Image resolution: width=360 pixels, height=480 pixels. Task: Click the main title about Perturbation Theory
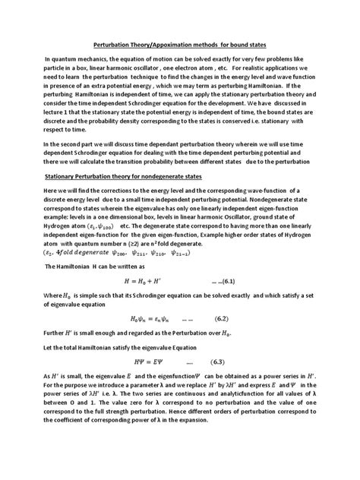tap(179, 45)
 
